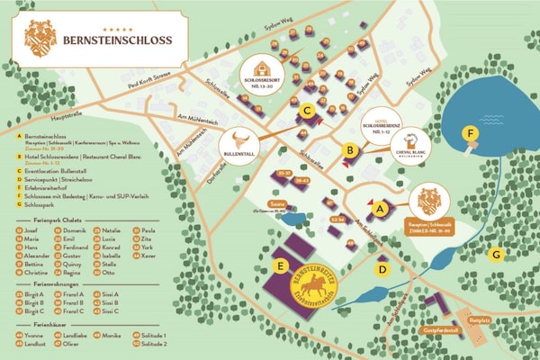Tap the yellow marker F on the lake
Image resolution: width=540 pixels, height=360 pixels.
pos(469,134)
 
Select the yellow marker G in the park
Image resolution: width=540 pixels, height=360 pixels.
pos(494,254)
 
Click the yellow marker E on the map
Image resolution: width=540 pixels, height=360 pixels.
pos(281,265)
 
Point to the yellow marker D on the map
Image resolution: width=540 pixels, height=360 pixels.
pos(382,268)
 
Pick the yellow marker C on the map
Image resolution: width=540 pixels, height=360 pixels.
pos(307,112)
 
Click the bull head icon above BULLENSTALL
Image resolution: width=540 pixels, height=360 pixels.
pos(239,141)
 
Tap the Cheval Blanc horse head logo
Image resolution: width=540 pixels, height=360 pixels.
pos(415,139)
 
